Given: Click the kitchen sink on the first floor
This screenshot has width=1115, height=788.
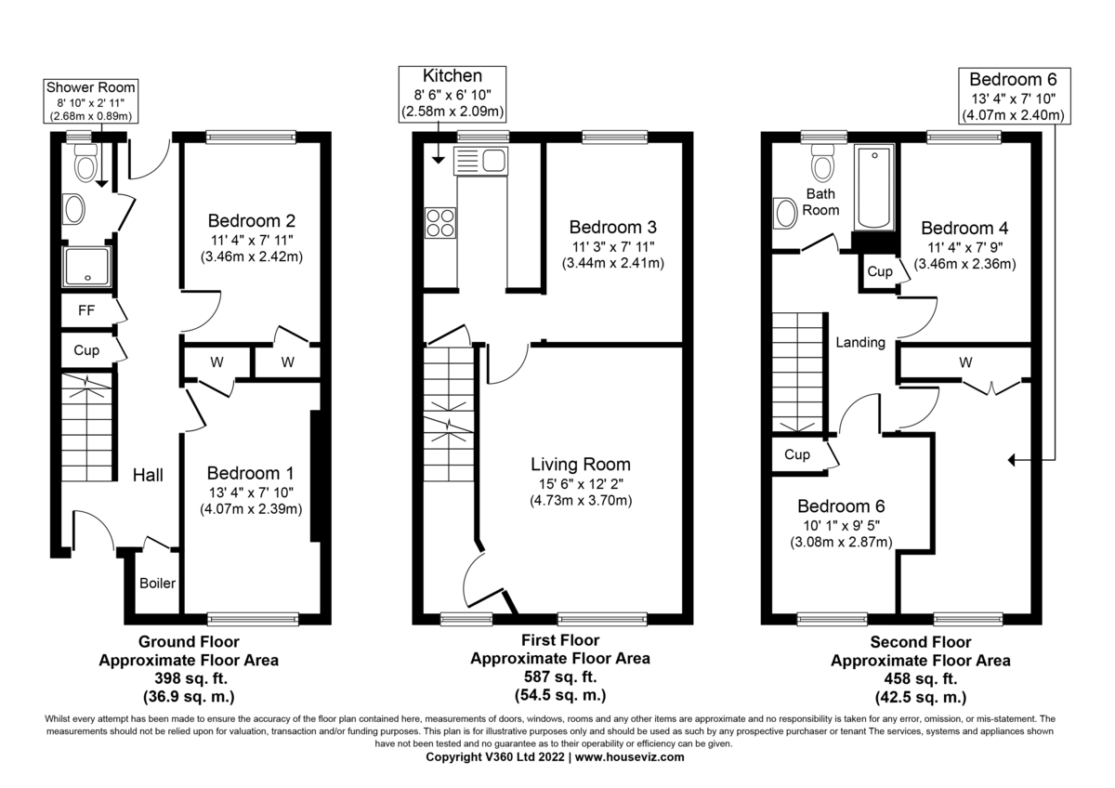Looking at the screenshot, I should pos(479,161).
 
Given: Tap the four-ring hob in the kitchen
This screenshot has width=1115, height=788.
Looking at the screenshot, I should pos(440,222).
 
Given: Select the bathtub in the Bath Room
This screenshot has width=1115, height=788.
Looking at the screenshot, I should pos(873,189).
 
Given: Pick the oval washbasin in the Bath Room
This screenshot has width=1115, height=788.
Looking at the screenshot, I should pos(786,213).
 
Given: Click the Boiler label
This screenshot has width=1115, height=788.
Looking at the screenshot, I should pos(158,584).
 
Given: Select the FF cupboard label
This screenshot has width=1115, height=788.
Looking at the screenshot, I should pos(83,310).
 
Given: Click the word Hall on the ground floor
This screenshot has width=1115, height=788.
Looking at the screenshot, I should pos(148,475).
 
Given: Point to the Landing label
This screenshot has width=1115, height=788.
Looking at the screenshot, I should pos(859,342).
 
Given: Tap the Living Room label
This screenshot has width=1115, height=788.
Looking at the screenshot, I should pos(581,465).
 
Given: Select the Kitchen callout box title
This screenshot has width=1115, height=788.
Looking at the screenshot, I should pos(453,75).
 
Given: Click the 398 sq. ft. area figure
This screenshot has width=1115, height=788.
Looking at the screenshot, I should pos(189,677).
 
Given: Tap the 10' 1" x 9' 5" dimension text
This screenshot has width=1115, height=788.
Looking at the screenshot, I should pos(841,525).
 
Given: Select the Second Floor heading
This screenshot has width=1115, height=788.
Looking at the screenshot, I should pos(920,642).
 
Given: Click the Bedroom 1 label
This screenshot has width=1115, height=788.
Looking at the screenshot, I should pos(250,471).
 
